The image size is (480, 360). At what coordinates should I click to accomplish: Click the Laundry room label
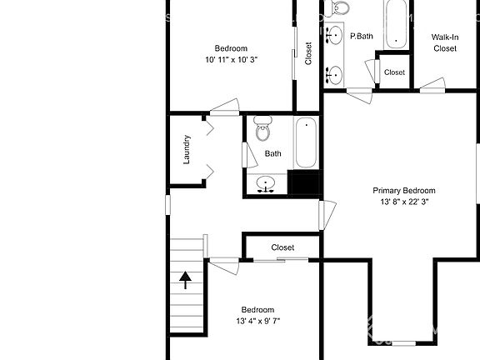[187, 149]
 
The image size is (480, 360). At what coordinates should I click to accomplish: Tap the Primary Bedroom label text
[404, 191]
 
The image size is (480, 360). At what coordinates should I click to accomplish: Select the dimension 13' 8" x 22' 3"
[404, 202]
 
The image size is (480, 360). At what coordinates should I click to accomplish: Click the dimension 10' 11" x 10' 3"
[231, 60]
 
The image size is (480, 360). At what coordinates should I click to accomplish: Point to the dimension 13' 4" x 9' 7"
[258, 321]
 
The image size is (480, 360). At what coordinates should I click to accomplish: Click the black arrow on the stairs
[185, 280]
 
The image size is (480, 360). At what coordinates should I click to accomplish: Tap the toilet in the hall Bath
[262, 128]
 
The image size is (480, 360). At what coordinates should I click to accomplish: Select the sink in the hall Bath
[265, 185]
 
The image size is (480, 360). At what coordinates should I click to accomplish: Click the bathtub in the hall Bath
[306, 142]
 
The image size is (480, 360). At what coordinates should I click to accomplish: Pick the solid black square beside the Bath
[305, 182]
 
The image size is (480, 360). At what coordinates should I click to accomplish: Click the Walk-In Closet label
[445, 42]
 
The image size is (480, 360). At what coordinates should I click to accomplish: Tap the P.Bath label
[362, 36]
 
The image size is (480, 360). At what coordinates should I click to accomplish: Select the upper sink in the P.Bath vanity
[334, 35]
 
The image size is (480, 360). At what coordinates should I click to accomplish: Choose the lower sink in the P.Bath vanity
[334, 75]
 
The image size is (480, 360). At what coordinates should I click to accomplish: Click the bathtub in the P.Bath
[396, 23]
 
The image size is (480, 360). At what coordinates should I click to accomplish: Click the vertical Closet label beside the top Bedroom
[308, 53]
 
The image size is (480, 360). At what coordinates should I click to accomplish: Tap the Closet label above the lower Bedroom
[282, 247]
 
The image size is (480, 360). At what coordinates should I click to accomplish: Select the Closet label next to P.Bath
[394, 72]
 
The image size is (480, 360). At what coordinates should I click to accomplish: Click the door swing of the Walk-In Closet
[432, 85]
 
